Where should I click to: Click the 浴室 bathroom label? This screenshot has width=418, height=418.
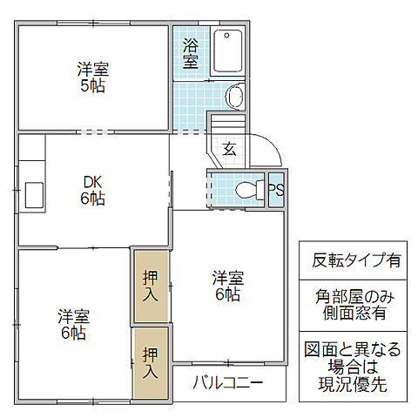191,54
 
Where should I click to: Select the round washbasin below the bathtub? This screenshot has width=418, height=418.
234,96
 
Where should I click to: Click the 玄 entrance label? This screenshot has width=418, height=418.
229,147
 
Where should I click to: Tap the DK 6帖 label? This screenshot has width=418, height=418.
93,190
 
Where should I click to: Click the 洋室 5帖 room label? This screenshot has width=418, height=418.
91,78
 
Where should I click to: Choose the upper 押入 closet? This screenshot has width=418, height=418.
150,287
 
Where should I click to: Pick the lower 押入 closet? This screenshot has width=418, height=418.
150,362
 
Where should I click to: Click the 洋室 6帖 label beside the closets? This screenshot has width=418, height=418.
228,287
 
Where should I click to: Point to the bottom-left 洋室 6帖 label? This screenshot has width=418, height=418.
74,323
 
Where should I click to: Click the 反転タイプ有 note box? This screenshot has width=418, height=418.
356,260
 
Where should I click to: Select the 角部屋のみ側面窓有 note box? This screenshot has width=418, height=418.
356,304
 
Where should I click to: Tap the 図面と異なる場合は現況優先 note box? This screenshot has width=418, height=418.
356,366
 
